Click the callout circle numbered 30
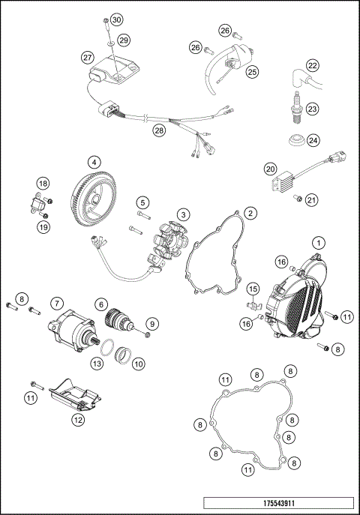[115, 19]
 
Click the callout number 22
[313, 65]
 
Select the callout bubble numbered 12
[77, 421]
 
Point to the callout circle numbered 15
[253, 289]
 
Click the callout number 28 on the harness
[159, 130]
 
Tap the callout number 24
[313, 139]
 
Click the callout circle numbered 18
[43, 184]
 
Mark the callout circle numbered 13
[96, 363]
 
